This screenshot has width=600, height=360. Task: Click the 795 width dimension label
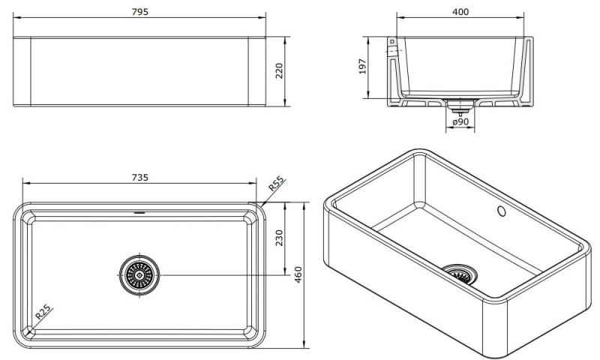click(x=140, y=11)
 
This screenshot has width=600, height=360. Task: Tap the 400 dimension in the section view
click(x=461, y=12)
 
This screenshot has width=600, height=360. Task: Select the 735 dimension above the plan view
click(x=140, y=178)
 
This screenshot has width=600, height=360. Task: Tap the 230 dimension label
click(x=279, y=238)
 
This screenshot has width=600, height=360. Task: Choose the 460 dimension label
click(x=299, y=275)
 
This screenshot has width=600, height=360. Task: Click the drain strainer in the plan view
click(x=138, y=275)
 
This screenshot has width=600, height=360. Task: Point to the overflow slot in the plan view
click(x=139, y=212)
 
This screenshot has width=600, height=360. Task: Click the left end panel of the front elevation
click(x=22, y=71)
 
